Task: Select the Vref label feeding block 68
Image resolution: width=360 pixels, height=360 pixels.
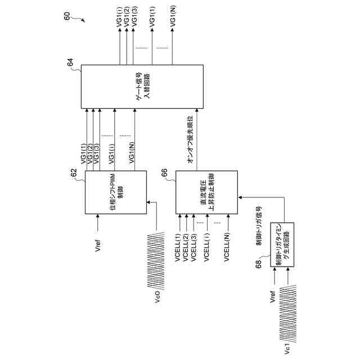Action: pos(273,298)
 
